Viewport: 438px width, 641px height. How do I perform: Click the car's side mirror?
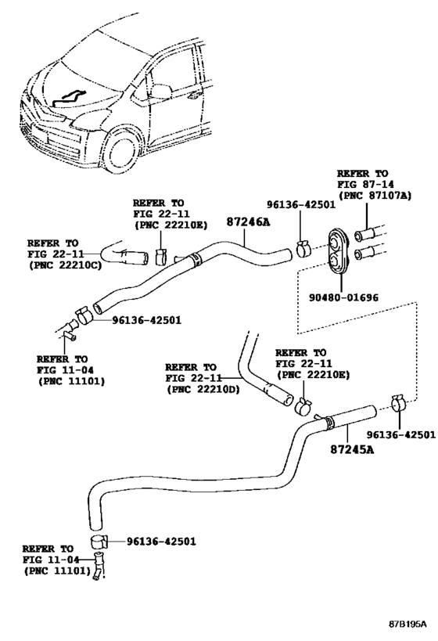[x=160, y=91]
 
